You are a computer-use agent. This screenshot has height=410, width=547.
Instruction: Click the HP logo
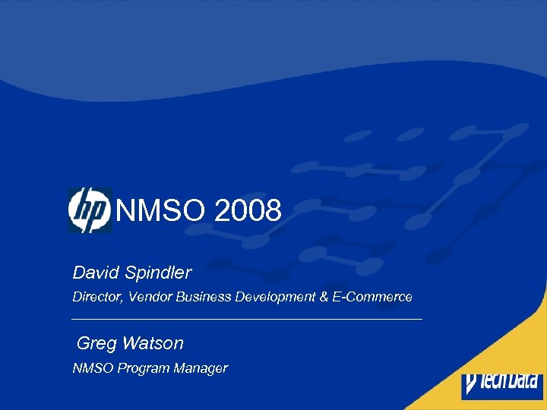90,210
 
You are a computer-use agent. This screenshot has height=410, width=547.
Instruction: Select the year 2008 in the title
248,210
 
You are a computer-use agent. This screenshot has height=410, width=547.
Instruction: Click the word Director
96,297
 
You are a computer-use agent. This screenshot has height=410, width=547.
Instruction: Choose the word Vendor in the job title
150,297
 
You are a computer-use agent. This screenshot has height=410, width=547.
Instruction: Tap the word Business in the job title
203,297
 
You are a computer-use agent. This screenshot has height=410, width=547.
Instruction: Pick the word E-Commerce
372,297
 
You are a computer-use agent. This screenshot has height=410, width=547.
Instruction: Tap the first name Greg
96,343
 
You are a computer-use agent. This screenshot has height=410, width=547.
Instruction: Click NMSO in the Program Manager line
90,368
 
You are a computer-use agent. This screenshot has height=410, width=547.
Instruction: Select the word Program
139,369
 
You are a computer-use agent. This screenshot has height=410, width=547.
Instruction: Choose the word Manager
199,369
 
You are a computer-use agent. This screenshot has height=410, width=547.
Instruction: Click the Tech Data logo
502,385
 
